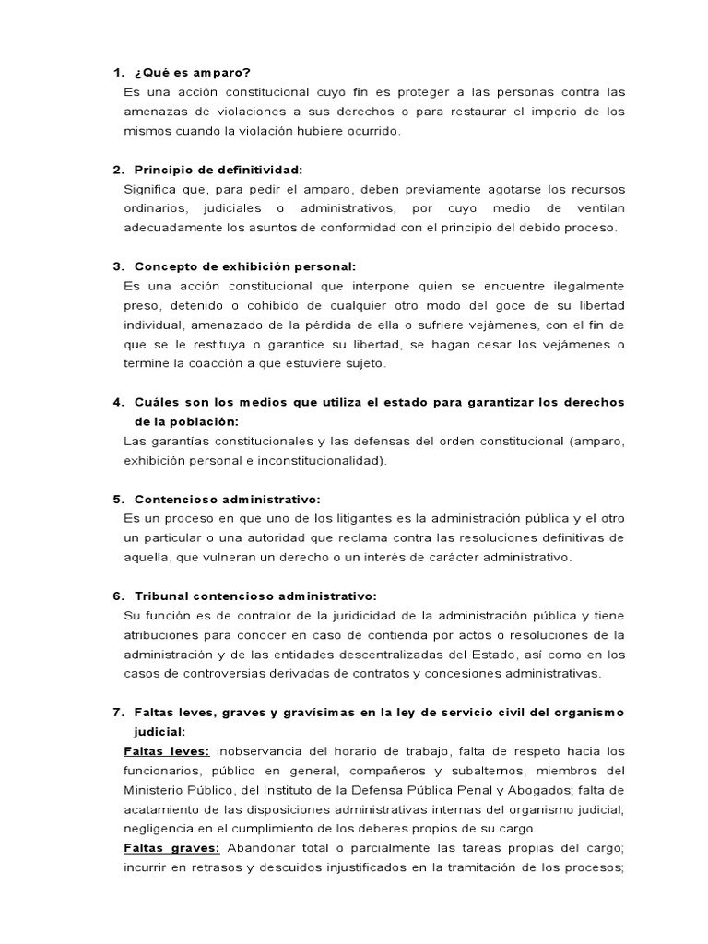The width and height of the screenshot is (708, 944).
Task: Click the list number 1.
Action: tap(117, 72)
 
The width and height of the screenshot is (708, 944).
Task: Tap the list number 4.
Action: tap(117, 402)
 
